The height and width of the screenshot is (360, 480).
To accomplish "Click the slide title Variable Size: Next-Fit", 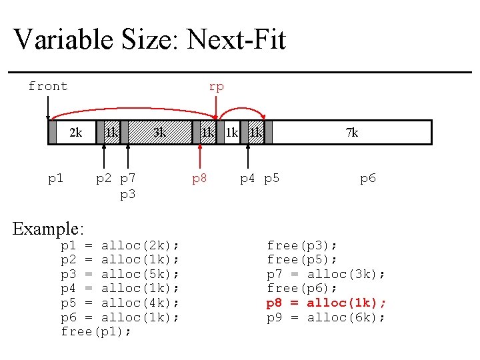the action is pos(149,39).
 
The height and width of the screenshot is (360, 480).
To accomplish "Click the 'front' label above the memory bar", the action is pos(48,86).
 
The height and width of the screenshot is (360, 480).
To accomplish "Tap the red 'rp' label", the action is pos(216,86).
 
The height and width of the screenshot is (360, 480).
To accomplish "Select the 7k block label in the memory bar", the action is pos(352,133).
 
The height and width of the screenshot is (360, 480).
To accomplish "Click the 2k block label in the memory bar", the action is pos(75,133).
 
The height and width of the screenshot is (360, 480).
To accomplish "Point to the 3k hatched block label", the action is pos(159,133).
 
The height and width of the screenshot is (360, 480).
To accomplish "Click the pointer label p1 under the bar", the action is pos(56,178).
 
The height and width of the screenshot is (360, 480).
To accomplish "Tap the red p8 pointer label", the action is pos(199,178).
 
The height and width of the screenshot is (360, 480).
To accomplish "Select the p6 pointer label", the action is pos(368,178).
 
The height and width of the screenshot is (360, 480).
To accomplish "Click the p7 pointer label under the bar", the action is pos(127,178).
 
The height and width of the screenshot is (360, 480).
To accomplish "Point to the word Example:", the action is pos(48,229).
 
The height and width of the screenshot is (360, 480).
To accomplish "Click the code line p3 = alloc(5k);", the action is pos(120,274).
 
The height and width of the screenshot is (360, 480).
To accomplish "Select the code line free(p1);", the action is pos(96,331).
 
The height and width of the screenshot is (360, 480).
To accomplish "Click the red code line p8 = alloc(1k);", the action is pos(326,303).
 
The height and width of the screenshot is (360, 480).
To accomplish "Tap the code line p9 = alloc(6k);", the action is pos(326,317).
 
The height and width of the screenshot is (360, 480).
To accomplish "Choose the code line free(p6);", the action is pos(302,288).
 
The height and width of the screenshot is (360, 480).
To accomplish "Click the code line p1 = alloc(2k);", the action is pos(120,245).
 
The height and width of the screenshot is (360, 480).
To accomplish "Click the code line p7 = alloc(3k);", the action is pos(326,274).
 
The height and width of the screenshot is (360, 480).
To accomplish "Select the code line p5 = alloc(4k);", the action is pos(120,303).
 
